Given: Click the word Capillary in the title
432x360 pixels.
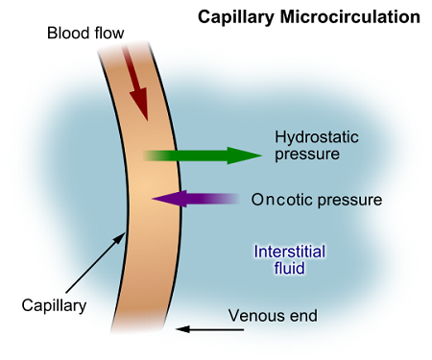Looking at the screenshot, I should (233, 17).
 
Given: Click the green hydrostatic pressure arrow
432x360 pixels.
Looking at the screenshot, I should (202, 155).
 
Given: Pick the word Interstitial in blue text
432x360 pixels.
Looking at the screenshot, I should (289, 252).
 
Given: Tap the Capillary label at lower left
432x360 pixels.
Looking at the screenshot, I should (54, 306).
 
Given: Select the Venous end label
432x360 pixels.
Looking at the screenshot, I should (273, 315).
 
